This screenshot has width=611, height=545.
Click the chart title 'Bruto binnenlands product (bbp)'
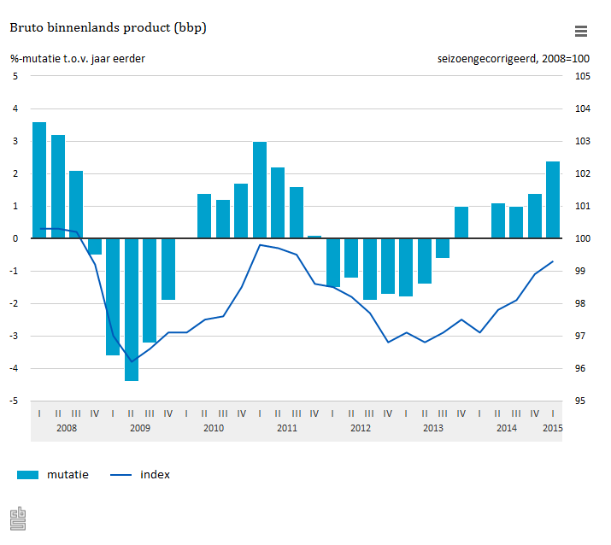pyautogui.click(x=108, y=28)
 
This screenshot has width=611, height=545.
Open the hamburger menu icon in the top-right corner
pyautogui.click(x=581, y=32)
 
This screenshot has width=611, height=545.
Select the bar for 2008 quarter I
pyautogui.click(x=39, y=180)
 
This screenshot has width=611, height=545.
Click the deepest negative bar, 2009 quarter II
pyautogui.click(x=132, y=309)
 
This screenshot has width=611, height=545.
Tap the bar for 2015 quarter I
pyautogui.click(x=553, y=200)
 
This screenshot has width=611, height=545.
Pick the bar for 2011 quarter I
pyautogui.click(x=260, y=190)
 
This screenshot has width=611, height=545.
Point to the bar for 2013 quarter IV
pyautogui.click(x=461, y=222)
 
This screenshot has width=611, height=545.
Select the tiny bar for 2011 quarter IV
pyautogui.click(x=314, y=237)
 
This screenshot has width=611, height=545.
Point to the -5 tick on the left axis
pyautogui.click(x=15, y=401)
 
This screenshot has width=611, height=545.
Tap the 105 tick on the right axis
pyautogui.click(x=581, y=77)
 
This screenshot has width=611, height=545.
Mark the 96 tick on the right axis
pyautogui.click(x=581, y=369)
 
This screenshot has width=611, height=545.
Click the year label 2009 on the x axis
pyautogui.click(x=140, y=428)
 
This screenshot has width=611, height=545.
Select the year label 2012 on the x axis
pyautogui.click(x=361, y=428)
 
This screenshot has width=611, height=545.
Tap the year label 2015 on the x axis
pyautogui.click(x=553, y=428)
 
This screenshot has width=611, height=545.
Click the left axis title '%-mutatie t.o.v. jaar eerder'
pyautogui.click(x=78, y=59)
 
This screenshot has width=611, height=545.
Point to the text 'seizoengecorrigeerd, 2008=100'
pyautogui.click(x=513, y=59)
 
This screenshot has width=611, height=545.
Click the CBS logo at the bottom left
pyautogui.click(x=18, y=519)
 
